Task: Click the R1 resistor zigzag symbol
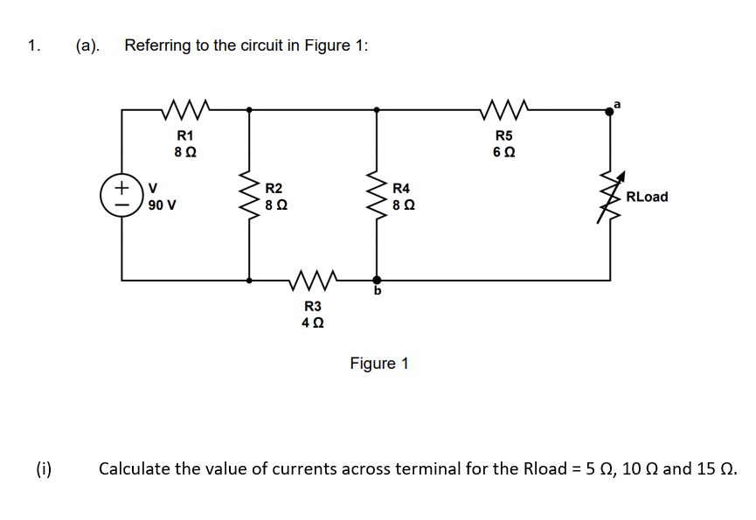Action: [x=184, y=111]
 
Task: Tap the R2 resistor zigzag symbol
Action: [x=251, y=197]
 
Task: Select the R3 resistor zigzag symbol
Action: [x=312, y=281]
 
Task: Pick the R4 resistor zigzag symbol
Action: [x=378, y=197]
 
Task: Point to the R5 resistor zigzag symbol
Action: [x=503, y=111]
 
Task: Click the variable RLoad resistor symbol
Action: [x=610, y=197]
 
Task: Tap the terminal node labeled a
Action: [x=610, y=111]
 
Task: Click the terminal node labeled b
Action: [x=378, y=281]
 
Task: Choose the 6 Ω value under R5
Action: [x=503, y=152]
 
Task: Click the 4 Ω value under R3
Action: [x=312, y=322]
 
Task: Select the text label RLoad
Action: [x=647, y=197]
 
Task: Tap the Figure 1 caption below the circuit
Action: [x=378, y=363]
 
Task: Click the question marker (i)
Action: [x=44, y=469]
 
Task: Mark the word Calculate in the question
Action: [x=134, y=469]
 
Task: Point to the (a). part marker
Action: [x=87, y=45]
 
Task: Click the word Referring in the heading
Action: [x=156, y=45]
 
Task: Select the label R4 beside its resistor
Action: [x=401, y=188]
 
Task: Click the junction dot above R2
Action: [x=251, y=111]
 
